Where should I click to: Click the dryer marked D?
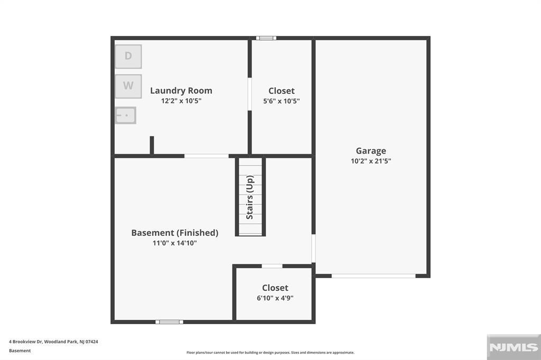tap(128, 56)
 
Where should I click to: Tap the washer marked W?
tap(128, 86)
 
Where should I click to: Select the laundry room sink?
tap(126, 115)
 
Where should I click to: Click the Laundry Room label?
tap(181, 91)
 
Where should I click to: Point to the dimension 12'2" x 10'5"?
tap(181, 101)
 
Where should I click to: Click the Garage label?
tap(371, 151)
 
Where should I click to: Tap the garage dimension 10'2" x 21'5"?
tap(371, 162)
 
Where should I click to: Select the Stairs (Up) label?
tap(250, 197)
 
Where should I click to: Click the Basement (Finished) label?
tap(174, 233)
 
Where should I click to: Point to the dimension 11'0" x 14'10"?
tap(174, 243)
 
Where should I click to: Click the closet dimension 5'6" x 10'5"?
tap(282, 101)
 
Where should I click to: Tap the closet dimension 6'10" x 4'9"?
tap(275, 298)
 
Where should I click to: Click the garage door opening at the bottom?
tap(374, 276)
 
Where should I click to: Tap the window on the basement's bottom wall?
tap(169, 321)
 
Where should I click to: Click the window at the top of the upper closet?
tap(266, 38)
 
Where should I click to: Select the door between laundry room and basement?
tap(206, 156)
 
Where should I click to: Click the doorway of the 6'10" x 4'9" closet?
tap(272, 266)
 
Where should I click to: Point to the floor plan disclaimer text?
tap(270, 353)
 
